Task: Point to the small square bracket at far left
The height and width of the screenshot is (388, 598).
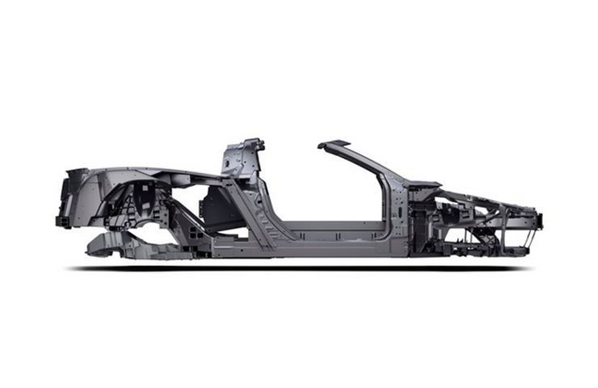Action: pyautogui.click(x=61, y=220)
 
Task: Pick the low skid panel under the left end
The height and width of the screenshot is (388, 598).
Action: pyautogui.click(x=109, y=245)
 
